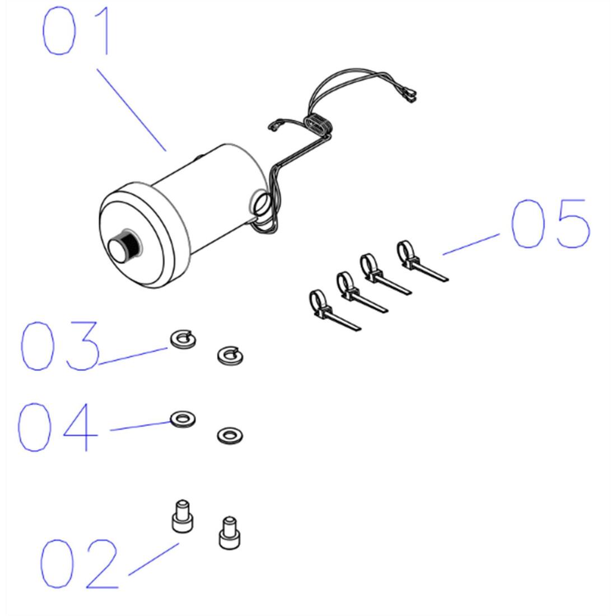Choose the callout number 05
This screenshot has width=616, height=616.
point(550,224)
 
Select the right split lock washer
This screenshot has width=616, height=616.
point(230,355)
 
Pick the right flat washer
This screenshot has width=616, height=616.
point(230,435)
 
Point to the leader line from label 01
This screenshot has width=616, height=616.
point(132,110)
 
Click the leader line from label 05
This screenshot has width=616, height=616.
point(470,245)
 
